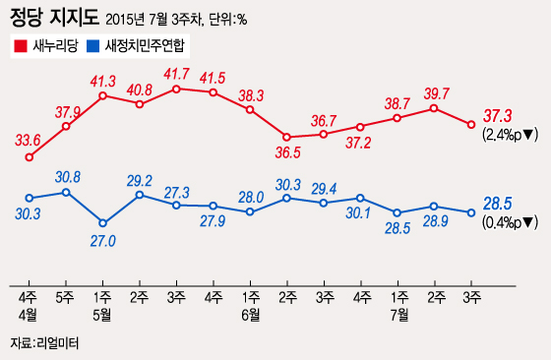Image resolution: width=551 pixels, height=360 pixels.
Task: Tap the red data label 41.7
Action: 177,74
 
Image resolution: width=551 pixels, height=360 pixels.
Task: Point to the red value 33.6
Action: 29,140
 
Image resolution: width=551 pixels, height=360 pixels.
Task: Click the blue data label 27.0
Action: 103,238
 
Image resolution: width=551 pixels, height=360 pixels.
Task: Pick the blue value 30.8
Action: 68,177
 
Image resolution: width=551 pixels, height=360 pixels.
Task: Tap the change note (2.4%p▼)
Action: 509,135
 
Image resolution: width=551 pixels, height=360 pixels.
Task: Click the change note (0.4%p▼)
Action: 509,222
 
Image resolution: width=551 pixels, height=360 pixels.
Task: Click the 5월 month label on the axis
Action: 103,314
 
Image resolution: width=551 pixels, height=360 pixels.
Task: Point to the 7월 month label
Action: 398,314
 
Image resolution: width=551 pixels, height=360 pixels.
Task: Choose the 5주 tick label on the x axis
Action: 66,296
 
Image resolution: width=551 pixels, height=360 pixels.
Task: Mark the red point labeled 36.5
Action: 287,137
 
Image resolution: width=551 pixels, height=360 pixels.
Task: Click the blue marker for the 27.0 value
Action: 103,223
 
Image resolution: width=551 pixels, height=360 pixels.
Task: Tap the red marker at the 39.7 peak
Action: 434,108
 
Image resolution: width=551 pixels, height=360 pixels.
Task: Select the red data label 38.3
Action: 251,95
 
